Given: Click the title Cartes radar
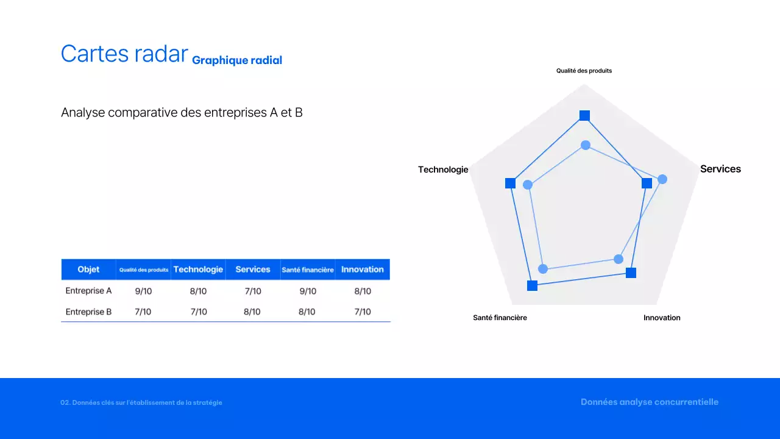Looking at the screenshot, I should pos(124,54).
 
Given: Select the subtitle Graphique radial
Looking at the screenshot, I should pos(237,60).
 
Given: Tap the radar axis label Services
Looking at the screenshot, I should pos(720,169).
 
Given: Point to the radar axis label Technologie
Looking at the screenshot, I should pos(443,170).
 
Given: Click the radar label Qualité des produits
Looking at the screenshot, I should pos(584,71).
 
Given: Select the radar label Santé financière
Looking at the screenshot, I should pos(500,318).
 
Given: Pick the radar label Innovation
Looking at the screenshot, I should pos(662,318).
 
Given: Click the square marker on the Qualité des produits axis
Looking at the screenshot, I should pos(584,115).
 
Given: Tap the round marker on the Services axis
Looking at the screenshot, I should pos(662,179).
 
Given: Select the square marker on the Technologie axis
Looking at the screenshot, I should pos(510,184).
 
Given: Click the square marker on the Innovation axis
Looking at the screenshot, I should pos(631,273).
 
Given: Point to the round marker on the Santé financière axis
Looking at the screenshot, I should pos(544,269).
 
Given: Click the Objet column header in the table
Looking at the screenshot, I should pos(88,269).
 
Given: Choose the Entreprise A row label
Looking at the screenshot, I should pos(88,291).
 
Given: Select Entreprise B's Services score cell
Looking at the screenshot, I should pos(252,312).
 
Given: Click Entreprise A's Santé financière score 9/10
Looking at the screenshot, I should pos(308,291).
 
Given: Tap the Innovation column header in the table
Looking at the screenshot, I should pos(363,269).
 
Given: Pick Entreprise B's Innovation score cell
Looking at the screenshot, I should pos(363,312).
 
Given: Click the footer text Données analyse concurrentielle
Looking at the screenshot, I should pos(650,402).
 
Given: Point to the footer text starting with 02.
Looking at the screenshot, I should pos(141,402).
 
